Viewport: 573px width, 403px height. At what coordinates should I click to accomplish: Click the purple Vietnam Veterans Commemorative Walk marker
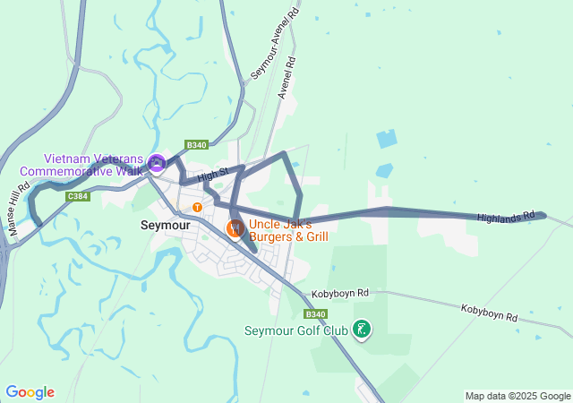click(157, 163)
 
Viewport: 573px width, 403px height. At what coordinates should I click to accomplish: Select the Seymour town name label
click(164, 227)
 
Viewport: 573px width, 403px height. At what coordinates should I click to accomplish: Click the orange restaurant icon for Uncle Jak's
click(235, 228)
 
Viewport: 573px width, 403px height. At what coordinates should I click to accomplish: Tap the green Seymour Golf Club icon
click(361, 330)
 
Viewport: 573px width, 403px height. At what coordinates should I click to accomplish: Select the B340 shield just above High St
click(197, 145)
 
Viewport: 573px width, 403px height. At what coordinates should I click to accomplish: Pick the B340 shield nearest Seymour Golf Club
click(315, 314)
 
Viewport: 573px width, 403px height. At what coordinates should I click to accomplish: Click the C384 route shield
click(78, 196)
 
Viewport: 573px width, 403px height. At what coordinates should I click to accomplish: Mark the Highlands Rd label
click(511, 218)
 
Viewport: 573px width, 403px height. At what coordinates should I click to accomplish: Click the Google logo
click(30, 392)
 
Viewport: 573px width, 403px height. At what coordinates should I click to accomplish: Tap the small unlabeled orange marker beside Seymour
click(197, 208)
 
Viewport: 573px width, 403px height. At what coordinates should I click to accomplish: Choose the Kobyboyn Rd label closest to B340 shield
click(339, 294)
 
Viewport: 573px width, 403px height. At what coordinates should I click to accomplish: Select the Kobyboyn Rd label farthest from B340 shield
click(489, 313)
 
